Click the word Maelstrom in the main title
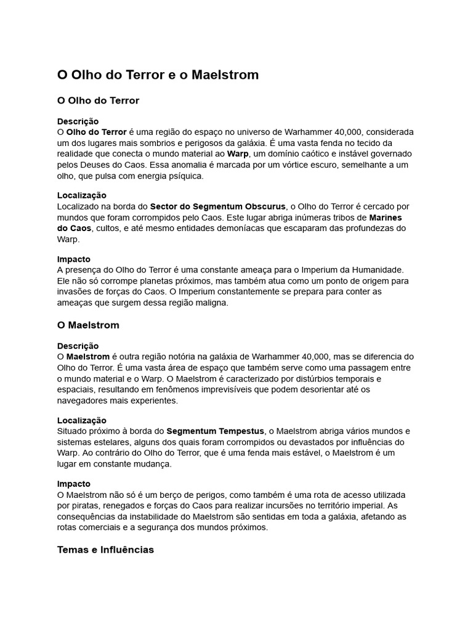pos(225,75)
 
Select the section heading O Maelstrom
pos(88,325)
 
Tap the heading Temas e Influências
pos(105,549)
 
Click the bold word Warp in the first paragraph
pos(238,153)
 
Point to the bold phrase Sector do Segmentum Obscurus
pos(218,206)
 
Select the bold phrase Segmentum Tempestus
pos(216,431)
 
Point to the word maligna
pos(211,303)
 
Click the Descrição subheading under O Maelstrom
pos(78,346)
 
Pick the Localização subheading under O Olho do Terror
pos(82,195)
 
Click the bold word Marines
pos(389,218)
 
